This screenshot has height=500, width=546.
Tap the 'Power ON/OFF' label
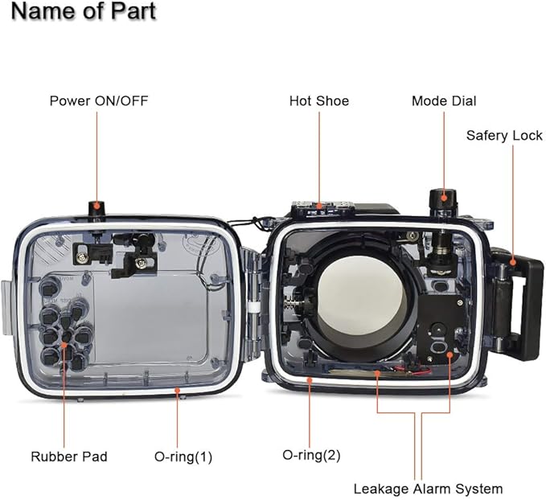tap(98, 100)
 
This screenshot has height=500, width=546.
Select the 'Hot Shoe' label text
tap(318, 100)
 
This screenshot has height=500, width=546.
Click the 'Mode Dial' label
tap(444, 100)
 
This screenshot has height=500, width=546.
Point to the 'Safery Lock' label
tap(504, 135)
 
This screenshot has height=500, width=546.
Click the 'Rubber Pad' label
tap(69, 457)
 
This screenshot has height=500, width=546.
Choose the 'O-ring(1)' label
tap(183, 457)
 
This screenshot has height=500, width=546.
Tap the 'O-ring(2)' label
tap(311, 454)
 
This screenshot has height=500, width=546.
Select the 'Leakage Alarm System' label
tap(428, 488)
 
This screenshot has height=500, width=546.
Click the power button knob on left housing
tap(97, 210)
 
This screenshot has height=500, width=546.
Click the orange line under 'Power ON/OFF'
tap(97, 157)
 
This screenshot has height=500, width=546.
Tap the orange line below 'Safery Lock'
tap(512, 201)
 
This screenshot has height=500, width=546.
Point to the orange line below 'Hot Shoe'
tap(318, 157)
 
